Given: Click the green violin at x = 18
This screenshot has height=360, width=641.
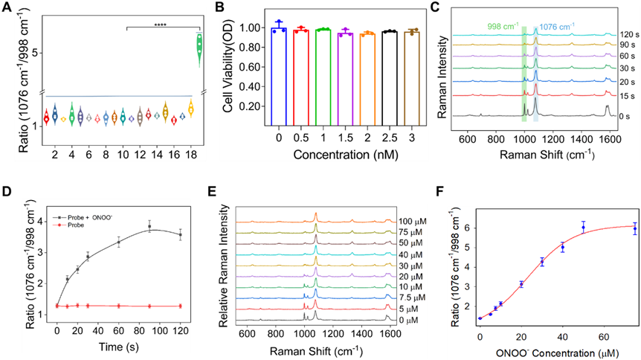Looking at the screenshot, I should click(199, 45).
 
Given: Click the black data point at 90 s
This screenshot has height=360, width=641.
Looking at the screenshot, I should click(149, 227).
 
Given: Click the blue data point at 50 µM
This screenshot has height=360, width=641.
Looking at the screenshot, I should click(584, 226).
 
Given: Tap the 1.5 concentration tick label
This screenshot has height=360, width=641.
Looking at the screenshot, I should click(345, 138).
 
